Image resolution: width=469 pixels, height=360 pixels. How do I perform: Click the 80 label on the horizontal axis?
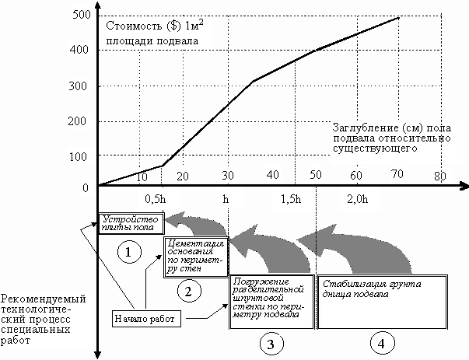(x=440, y=176)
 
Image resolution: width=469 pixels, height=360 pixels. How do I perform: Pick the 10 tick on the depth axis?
(x=142, y=177)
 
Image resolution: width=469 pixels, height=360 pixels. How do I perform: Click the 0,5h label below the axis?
(x=156, y=199)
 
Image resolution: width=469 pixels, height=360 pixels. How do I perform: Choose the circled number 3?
(x=269, y=341)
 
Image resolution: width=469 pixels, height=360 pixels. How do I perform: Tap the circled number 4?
(x=380, y=341)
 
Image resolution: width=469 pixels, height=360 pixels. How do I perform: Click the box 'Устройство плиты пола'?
(x=129, y=223)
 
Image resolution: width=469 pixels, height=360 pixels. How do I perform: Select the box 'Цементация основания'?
(x=194, y=256)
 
